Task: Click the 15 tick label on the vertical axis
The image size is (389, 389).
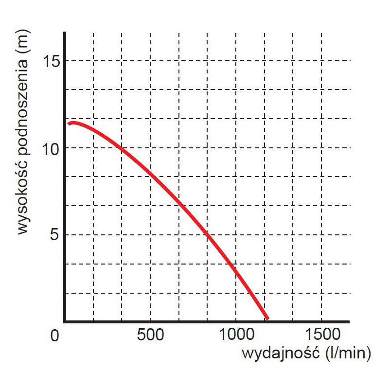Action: (50, 61)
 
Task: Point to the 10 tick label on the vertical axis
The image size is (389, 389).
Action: (50, 148)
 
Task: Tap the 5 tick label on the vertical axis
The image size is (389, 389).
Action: (54, 235)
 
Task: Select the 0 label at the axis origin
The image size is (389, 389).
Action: (54, 336)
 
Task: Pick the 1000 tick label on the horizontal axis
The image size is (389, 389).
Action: (235, 336)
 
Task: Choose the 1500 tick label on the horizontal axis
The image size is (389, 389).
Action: (321, 336)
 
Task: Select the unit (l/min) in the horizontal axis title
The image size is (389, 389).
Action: (347, 354)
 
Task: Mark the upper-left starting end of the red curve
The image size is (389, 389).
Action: (70, 124)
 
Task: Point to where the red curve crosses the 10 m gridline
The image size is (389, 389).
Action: (121, 148)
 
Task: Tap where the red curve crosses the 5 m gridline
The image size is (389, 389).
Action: (207, 235)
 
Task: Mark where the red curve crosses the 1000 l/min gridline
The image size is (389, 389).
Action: (236, 270)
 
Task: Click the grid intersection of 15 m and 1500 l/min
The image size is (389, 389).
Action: (321, 60)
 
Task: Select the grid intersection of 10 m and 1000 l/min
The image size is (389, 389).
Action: (236, 148)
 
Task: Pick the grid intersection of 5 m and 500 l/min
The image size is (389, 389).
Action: (150, 235)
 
